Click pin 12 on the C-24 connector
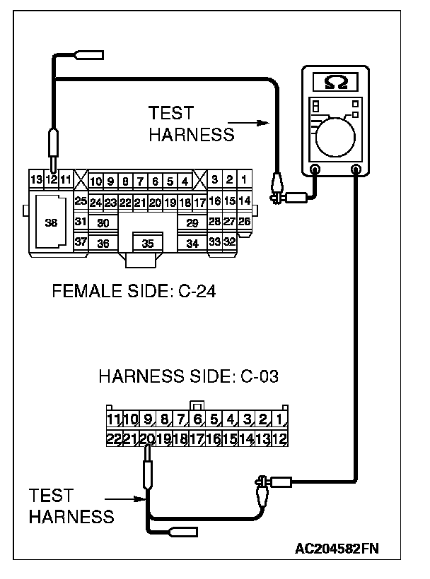click(x=52, y=179)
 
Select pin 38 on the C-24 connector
click(x=51, y=222)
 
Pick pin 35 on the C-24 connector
click(x=148, y=244)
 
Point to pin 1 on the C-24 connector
click(x=243, y=179)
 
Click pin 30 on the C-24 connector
click(x=103, y=223)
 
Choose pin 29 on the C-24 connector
click(x=192, y=223)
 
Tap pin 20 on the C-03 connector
click(x=147, y=438)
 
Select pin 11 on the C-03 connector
click(x=113, y=421)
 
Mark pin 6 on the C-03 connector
click(x=197, y=421)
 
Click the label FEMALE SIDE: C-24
click(x=134, y=290)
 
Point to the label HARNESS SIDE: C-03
click(x=188, y=376)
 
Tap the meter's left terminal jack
click(x=315, y=169)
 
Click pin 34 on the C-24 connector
click(x=192, y=244)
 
